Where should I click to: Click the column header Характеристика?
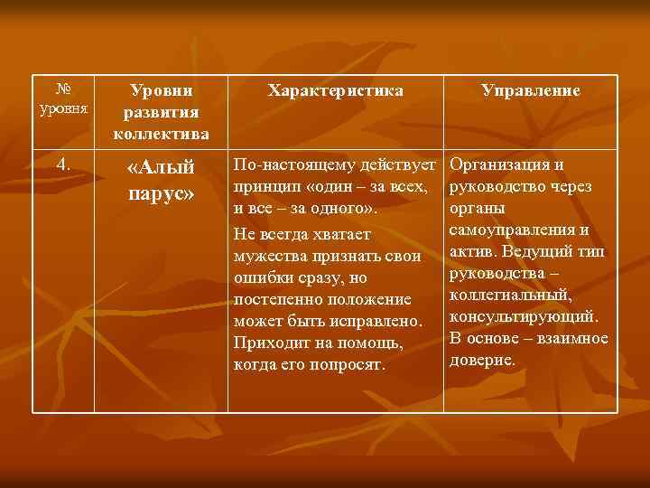click(x=335, y=91)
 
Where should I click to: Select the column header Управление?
click(x=531, y=91)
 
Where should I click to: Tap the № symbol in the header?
click(x=63, y=89)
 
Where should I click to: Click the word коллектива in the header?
click(x=162, y=134)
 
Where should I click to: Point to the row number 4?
click(x=63, y=164)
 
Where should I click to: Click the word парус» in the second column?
click(x=162, y=194)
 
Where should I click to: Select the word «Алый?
click(x=162, y=169)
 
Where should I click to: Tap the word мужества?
click(x=270, y=257)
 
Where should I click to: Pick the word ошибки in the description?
click(x=261, y=278)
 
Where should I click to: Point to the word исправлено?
click(x=378, y=321)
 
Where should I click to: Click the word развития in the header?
click(x=162, y=112)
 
